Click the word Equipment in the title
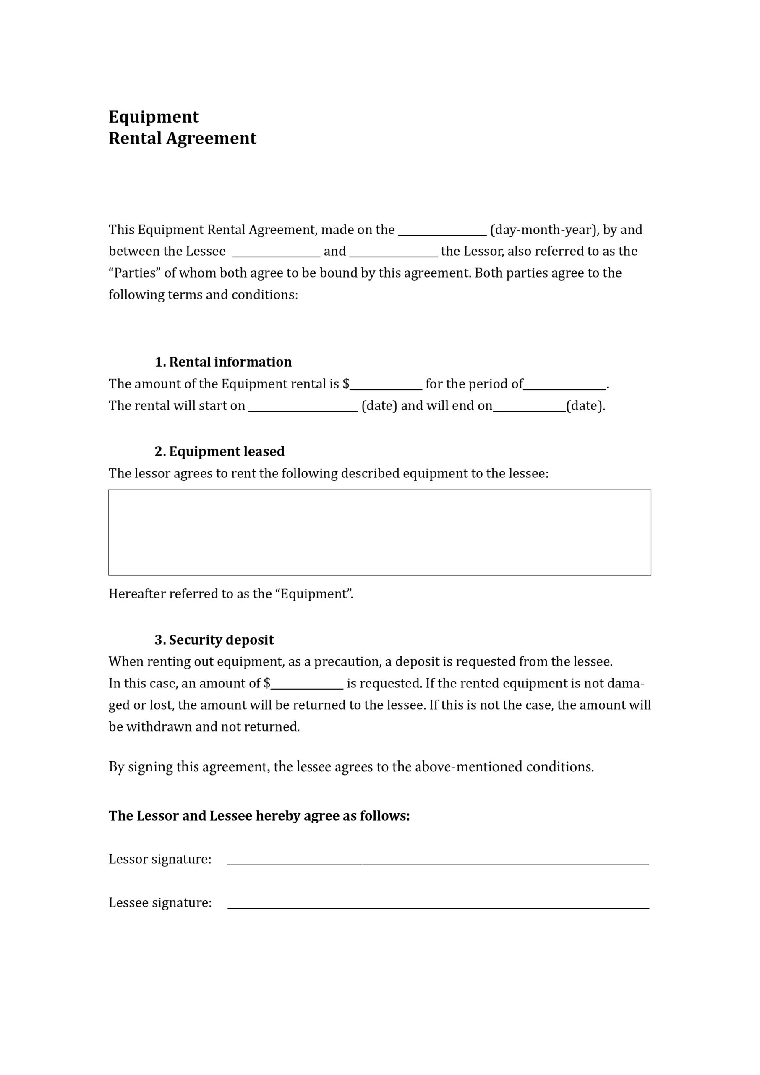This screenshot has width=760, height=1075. [x=154, y=117]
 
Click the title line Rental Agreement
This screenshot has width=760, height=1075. [x=182, y=138]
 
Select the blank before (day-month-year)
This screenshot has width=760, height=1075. [x=442, y=231]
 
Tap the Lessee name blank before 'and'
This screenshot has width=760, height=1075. [x=276, y=253]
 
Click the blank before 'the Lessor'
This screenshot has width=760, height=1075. [x=393, y=253]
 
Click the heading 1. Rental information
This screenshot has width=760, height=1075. [x=223, y=362]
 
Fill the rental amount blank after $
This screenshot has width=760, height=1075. [x=386, y=385]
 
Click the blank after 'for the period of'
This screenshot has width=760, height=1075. [x=564, y=385]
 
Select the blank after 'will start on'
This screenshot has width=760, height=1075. [x=303, y=407]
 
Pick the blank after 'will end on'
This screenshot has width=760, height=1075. [x=529, y=407]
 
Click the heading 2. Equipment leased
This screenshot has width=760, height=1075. [x=219, y=451]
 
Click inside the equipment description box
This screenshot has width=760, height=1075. [x=379, y=532]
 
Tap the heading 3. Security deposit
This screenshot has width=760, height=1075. [x=214, y=640]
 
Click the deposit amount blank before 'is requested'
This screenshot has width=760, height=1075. [x=307, y=685]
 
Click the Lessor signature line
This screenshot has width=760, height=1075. [x=438, y=862]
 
